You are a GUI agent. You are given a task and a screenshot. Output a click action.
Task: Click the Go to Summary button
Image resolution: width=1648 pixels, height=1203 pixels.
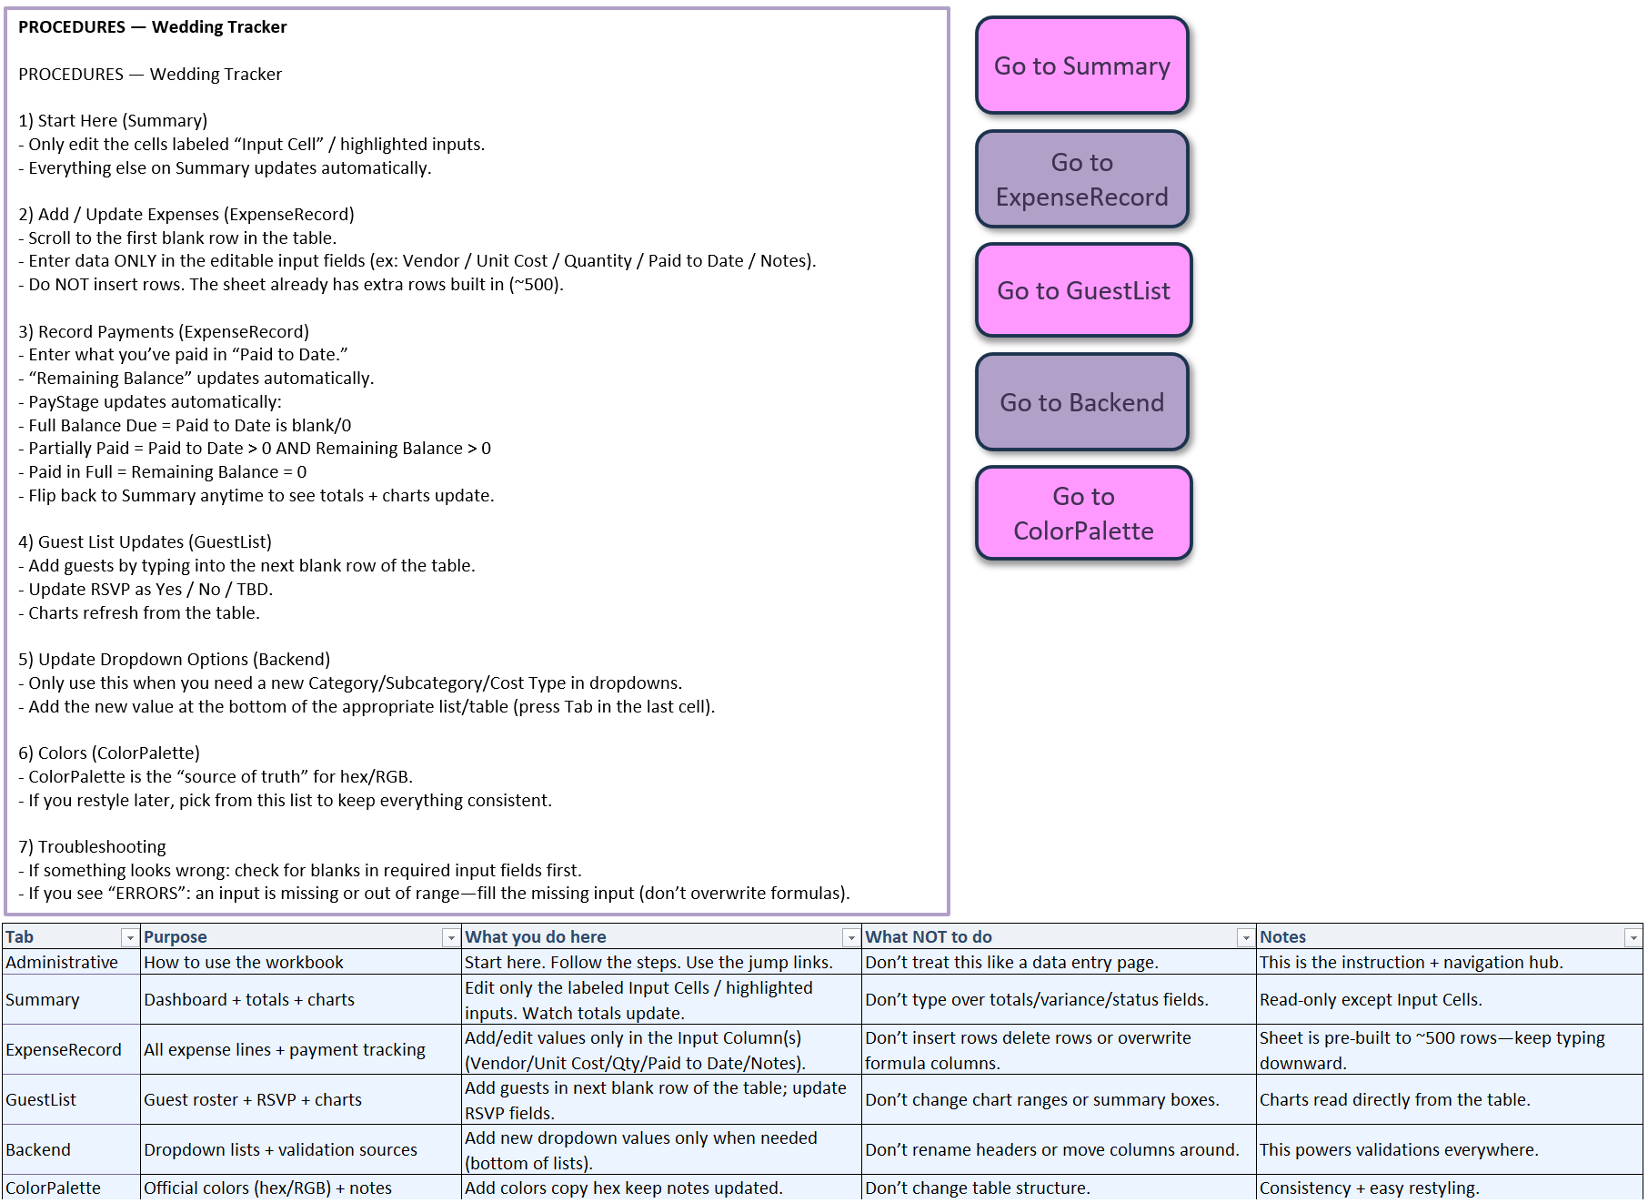[1081, 66]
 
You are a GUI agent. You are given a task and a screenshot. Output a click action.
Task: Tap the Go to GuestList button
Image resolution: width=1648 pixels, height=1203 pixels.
[1083, 290]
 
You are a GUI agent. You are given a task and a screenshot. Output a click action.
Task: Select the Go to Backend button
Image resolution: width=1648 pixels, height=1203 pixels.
[1081, 402]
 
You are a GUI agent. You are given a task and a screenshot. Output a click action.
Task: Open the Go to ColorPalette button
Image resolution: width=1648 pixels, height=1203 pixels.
[1083, 513]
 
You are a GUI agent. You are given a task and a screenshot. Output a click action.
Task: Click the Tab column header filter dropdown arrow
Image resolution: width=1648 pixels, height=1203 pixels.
[130, 937]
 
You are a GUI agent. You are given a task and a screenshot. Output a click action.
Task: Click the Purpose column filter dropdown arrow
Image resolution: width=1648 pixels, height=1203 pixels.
[450, 937]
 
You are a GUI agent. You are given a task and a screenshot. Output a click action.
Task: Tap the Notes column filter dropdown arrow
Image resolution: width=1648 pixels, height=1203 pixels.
[1633, 937]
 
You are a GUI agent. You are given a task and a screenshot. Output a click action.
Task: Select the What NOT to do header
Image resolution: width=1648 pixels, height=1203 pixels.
[929, 937]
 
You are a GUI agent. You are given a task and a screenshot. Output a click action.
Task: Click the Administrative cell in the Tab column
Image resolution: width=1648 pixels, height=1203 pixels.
[62, 962]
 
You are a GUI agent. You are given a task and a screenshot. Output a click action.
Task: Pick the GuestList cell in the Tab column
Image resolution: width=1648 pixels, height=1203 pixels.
[41, 1099]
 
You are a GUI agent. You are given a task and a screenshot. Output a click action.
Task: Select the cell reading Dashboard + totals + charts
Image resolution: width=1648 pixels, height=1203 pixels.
[249, 999]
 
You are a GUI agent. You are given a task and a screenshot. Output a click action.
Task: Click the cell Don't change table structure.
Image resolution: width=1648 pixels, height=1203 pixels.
[978, 1188]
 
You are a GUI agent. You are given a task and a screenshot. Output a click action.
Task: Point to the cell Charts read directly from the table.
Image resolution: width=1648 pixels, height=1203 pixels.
[1395, 1099]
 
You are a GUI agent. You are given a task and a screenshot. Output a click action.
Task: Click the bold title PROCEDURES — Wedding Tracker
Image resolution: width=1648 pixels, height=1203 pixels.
[153, 27]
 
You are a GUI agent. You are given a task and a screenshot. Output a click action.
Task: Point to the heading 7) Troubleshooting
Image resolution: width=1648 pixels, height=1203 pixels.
[92, 847]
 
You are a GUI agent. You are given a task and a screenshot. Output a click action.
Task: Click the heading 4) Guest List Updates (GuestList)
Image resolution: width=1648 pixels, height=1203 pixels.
[145, 542]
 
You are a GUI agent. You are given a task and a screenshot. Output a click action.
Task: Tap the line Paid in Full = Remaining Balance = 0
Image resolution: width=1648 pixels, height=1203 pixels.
[163, 472]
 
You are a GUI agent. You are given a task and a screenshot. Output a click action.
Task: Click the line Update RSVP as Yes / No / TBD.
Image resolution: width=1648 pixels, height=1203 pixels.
[146, 590]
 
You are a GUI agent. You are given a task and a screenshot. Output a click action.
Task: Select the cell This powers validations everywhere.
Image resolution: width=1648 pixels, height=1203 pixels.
[1399, 1149]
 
